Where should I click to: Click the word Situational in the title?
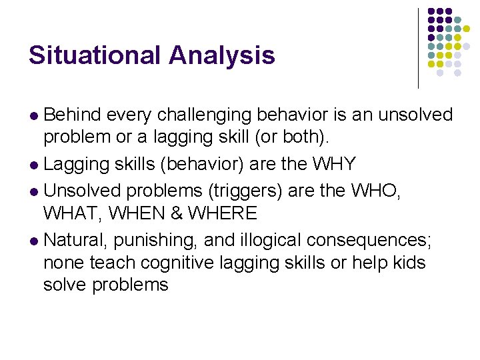pyautogui.click(x=95, y=55)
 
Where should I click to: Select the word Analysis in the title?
pyautogui.click(x=221, y=55)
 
